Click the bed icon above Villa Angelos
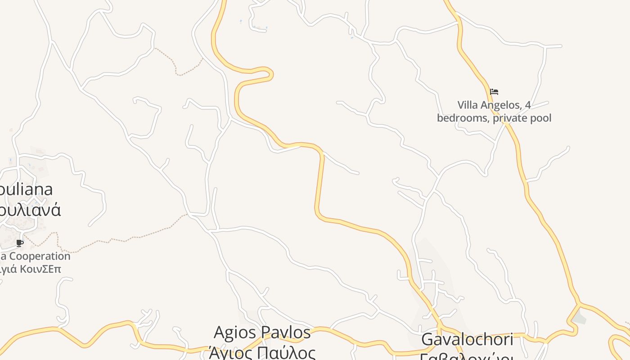(x=494, y=92)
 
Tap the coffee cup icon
(x=19, y=243)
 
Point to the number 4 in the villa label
(x=528, y=105)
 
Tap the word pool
(x=541, y=118)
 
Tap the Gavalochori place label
(x=467, y=340)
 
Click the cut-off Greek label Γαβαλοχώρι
(x=466, y=356)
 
